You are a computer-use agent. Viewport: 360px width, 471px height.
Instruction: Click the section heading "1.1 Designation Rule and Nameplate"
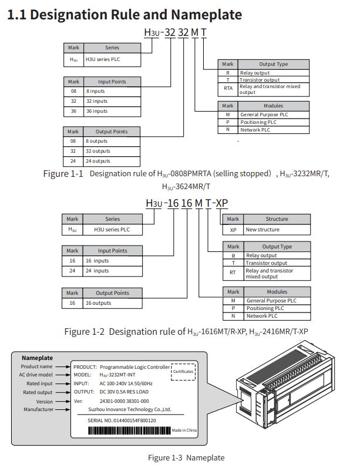(125, 15)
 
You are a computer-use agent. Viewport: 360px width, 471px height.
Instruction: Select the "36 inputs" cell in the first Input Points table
(112, 111)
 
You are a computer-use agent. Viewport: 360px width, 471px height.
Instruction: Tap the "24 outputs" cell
(112, 161)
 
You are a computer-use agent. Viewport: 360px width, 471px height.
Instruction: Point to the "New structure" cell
(277, 230)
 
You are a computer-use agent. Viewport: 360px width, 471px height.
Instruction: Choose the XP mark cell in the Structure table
(233, 230)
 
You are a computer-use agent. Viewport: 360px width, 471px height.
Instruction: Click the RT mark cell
(233, 272)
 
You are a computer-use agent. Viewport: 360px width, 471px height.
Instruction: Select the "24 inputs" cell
(112, 271)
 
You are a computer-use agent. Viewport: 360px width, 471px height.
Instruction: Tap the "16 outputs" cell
(112, 303)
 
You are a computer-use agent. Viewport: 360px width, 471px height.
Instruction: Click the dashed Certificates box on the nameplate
(183, 372)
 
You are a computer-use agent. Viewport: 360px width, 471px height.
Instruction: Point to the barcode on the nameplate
(130, 430)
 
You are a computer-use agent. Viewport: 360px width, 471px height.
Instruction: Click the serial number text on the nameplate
(122, 420)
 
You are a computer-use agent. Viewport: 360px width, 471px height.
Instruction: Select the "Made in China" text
(184, 430)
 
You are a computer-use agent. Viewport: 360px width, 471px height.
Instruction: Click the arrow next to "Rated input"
(63, 383)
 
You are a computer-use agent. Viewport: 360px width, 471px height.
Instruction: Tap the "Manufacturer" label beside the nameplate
(38, 409)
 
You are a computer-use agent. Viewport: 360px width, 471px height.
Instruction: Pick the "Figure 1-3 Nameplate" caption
(186, 457)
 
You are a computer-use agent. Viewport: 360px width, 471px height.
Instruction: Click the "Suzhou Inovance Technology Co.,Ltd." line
(130, 409)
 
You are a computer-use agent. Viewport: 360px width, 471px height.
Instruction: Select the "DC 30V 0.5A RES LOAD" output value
(124, 392)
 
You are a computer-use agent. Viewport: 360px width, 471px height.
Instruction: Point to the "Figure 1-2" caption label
(85, 332)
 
